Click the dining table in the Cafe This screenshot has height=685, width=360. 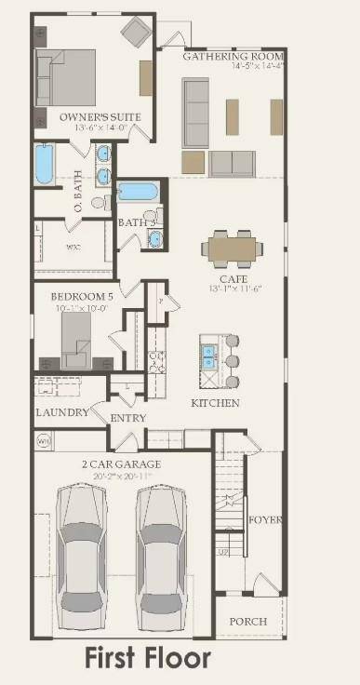coord(233,248)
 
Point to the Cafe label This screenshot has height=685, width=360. coord(233,278)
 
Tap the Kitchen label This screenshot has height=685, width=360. coord(215,403)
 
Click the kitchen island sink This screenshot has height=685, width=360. coord(210,356)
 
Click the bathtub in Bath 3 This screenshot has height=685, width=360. coord(138,192)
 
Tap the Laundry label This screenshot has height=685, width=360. coord(62,412)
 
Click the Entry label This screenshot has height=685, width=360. coord(128,419)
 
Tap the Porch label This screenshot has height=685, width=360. coord(247,621)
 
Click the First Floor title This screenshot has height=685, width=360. coord(148,659)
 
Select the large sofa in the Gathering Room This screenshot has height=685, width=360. coord(195,112)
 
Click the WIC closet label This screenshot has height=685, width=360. coord(73,248)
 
